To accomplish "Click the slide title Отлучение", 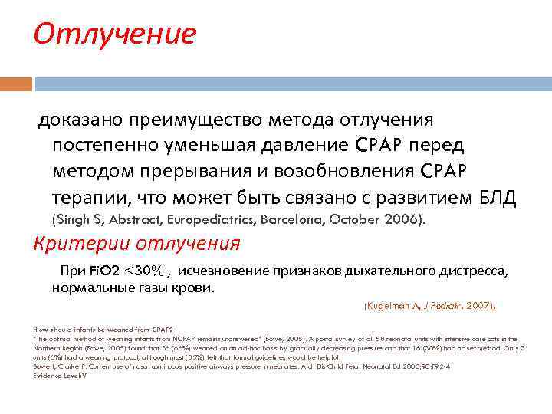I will pyautogui.click(x=115, y=34).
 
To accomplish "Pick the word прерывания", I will pyautogui.click(x=191, y=171).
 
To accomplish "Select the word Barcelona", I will pyautogui.click(x=299, y=220).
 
